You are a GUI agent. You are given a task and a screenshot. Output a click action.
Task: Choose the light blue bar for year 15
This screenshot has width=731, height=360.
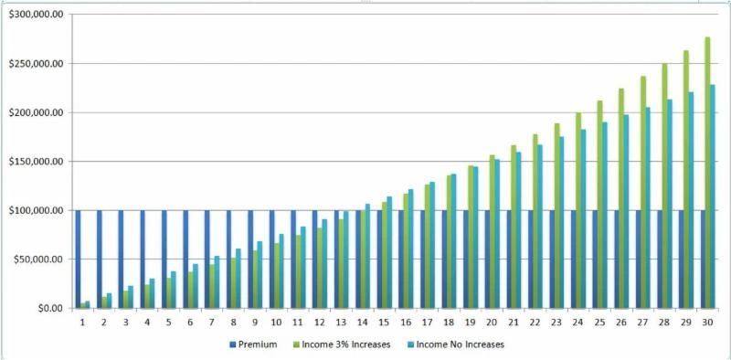(388, 252)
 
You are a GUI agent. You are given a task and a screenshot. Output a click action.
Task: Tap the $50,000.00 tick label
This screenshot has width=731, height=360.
(39, 259)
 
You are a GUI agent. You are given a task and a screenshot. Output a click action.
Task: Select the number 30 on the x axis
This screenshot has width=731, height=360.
(707, 323)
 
